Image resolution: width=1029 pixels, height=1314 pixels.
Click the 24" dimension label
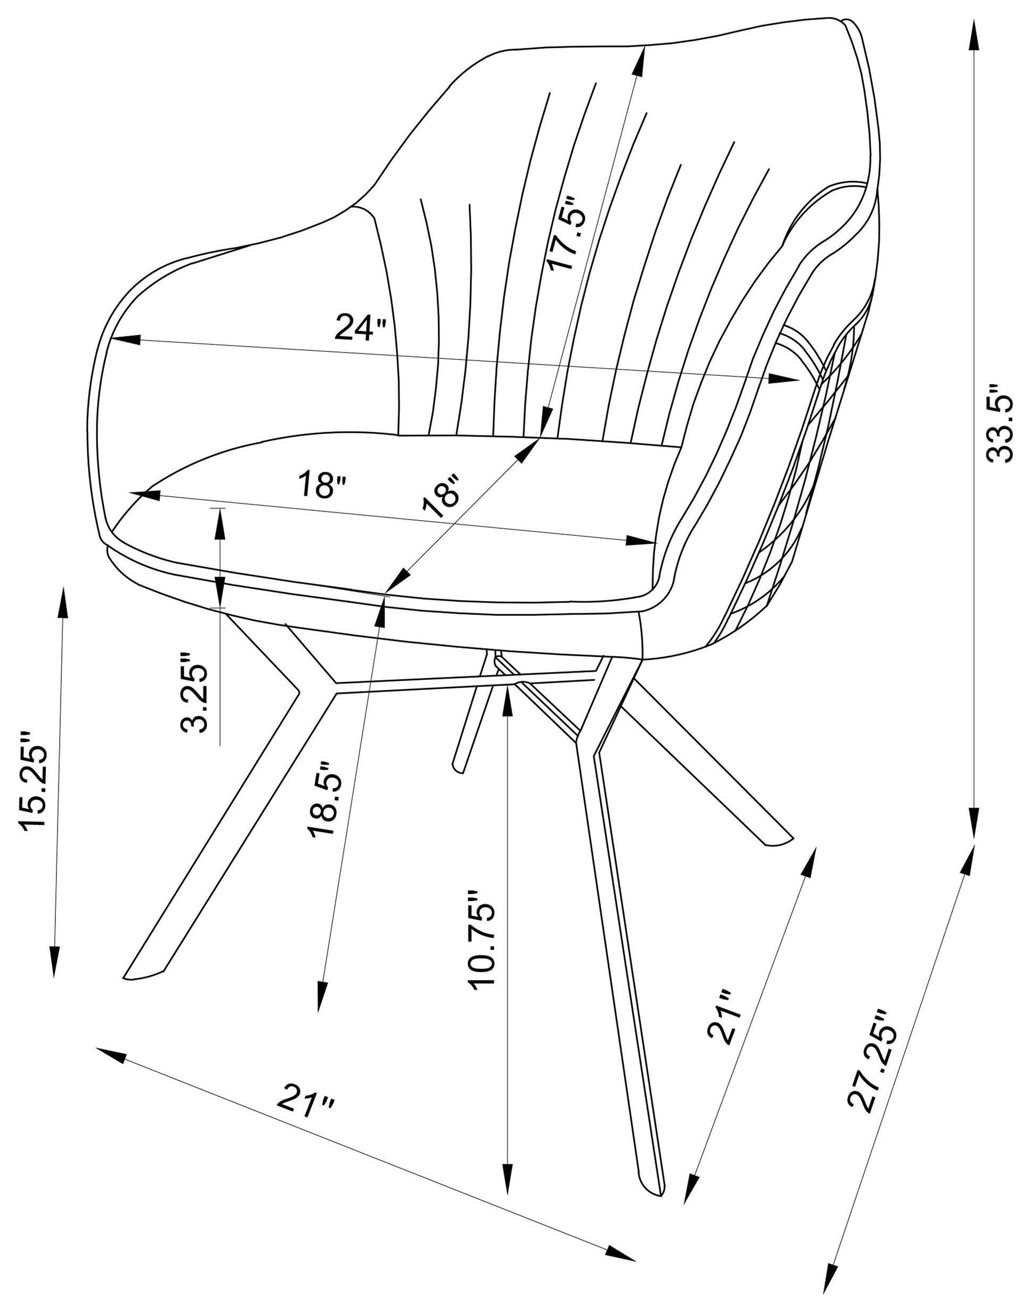click(360, 327)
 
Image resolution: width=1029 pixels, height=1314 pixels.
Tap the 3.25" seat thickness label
click(194, 691)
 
